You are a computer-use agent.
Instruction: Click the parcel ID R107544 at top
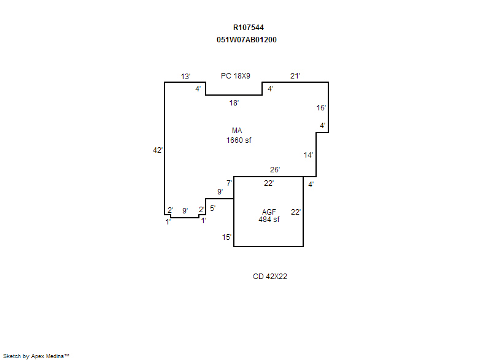[x=249, y=28]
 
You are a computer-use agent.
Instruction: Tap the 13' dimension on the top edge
[x=185, y=77]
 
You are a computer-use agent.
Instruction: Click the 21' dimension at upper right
[x=295, y=76]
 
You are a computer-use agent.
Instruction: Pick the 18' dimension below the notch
[x=234, y=103]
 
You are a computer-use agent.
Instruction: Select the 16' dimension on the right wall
[x=321, y=108]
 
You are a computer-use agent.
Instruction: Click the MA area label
[x=237, y=131]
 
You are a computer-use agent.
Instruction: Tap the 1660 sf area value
[x=239, y=140]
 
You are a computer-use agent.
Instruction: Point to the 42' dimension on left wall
[x=158, y=150]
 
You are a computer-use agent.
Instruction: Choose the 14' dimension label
[x=309, y=155]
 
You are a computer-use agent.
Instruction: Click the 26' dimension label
[x=275, y=170]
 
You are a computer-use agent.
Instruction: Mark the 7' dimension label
[x=229, y=183]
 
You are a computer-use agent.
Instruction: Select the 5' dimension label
[x=212, y=209]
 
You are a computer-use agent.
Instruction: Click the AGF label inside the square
[x=269, y=212]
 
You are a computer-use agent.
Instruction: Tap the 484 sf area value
[x=269, y=220]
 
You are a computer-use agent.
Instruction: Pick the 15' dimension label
[x=226, y=237]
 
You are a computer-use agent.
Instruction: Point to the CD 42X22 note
[x=270, y=277]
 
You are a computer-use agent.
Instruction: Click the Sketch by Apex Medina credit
[x=36, y=356]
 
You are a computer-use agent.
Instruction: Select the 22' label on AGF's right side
[x=296, y=212]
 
